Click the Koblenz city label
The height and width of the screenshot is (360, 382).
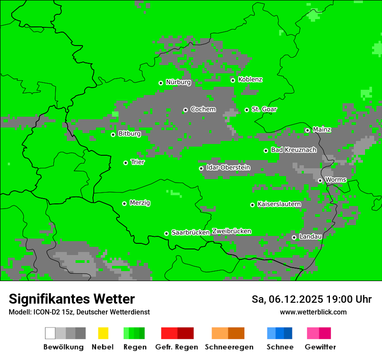250,80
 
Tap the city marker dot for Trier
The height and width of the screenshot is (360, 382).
125,163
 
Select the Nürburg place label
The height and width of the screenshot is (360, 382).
178,82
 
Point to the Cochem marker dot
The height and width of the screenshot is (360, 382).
185,110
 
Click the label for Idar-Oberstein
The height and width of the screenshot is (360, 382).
228,168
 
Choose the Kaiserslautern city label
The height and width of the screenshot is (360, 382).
279,204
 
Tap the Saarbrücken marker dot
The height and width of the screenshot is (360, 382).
166,233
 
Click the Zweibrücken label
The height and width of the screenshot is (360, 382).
231,232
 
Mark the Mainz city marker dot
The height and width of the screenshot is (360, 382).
307,130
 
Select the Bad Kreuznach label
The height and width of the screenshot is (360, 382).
293,150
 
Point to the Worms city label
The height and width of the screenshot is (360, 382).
335,180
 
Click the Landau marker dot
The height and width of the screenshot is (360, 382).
294,237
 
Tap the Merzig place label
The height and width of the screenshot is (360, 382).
140,203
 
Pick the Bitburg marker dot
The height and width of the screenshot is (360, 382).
113,134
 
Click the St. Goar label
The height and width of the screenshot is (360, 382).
264,110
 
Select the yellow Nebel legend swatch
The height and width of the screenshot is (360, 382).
103,333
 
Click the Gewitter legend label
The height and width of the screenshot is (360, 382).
320,347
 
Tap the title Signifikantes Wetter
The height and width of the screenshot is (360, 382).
72,299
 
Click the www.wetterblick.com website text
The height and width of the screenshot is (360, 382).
313,312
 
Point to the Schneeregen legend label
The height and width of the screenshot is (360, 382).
229,347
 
